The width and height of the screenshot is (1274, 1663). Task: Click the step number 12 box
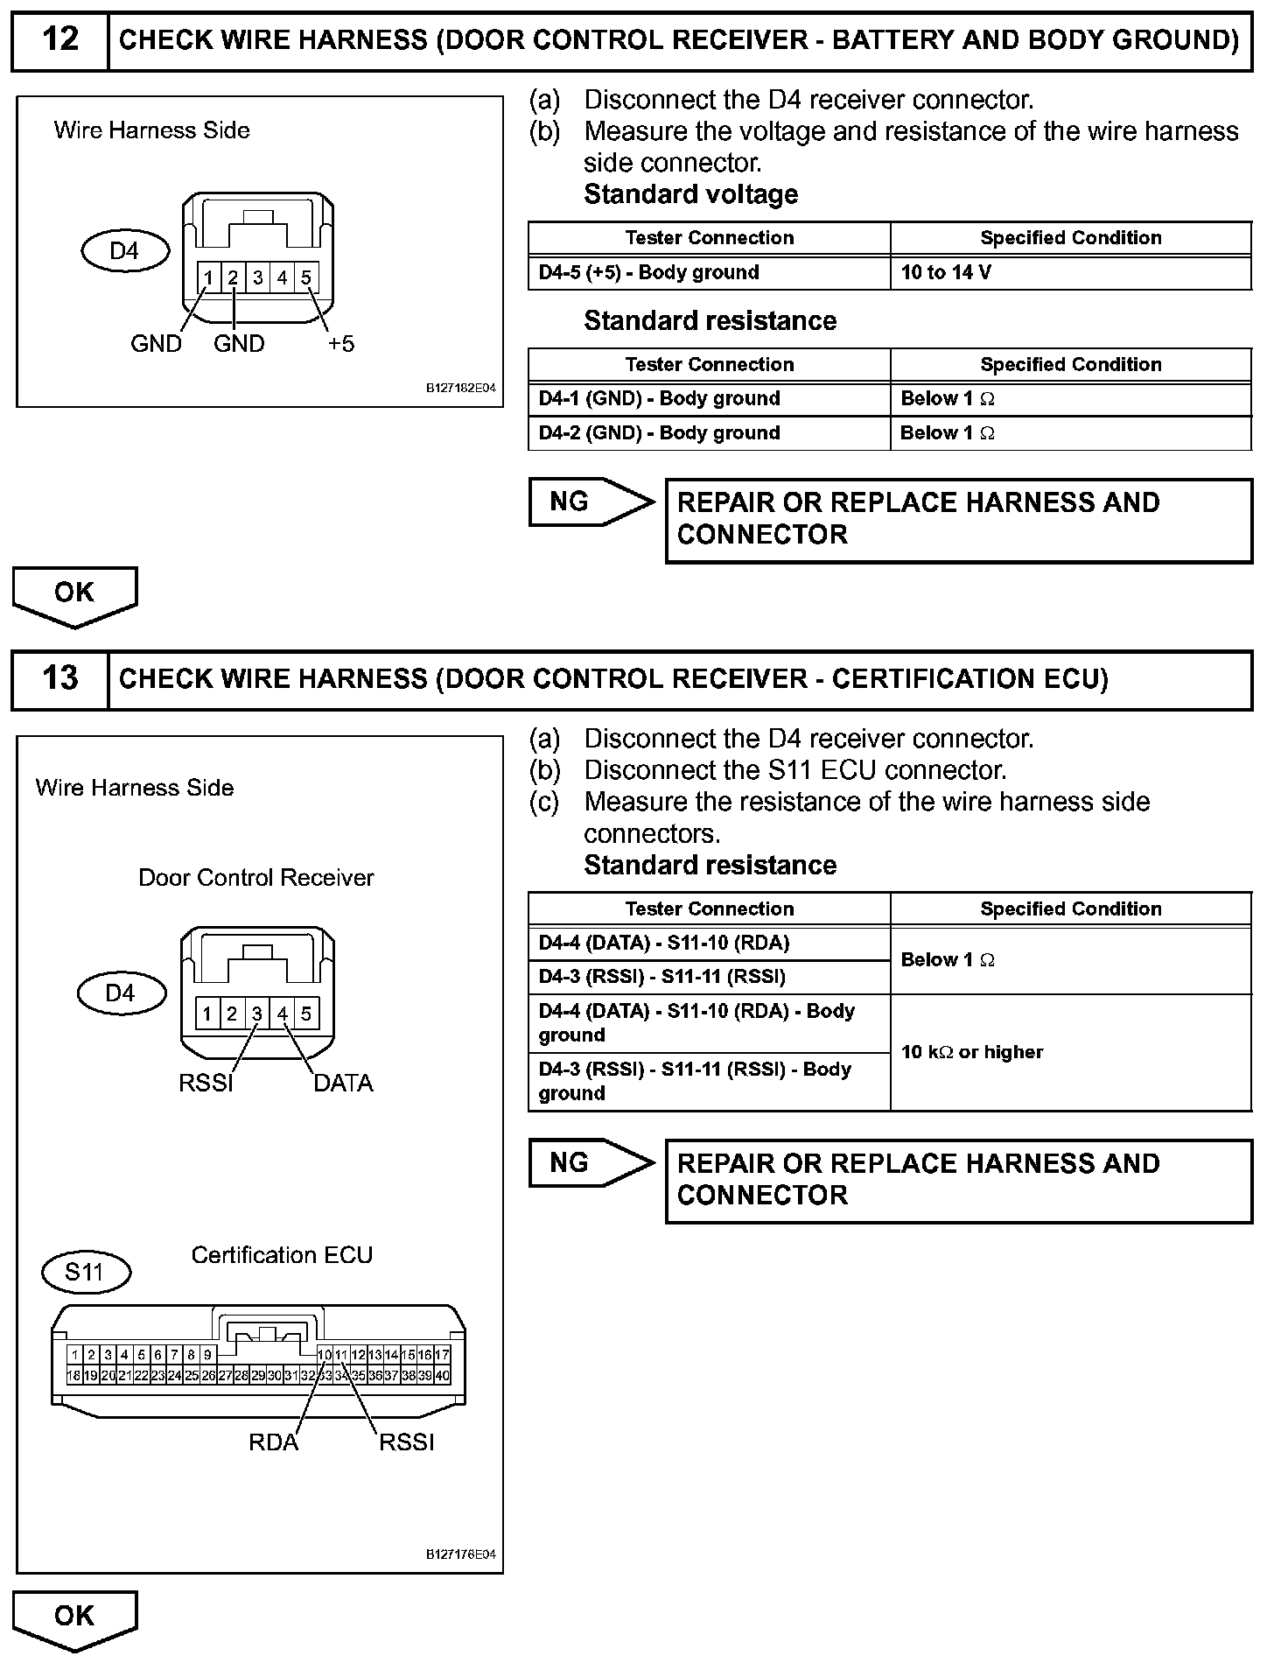coord(59,40)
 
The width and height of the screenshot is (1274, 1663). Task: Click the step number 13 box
coord(59,679)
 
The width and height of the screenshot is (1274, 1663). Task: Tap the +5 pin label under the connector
coord(341,344)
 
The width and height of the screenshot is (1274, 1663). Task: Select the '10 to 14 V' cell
coord(1070,272)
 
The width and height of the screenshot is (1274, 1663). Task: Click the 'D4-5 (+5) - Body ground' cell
coord(709,272)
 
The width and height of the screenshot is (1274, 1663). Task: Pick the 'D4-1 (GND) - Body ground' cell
coord(709,398)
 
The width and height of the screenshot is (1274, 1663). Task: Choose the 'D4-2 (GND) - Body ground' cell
coord(709,432)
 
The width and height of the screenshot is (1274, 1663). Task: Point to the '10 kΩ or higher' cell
coord(1070,1052)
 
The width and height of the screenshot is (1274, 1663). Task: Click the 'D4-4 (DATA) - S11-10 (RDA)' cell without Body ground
coord(709,943)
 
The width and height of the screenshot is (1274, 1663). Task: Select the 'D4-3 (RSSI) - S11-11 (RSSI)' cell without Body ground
coord(709,977)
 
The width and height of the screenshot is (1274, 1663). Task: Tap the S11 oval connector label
coord(85,1272)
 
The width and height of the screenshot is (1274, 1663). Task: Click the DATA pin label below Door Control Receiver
coord(343,1084)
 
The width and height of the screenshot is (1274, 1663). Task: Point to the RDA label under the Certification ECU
coord(273,1442)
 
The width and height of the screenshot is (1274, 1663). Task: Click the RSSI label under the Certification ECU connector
coord(406,1442)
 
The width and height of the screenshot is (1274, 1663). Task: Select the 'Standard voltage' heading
coord(690,194)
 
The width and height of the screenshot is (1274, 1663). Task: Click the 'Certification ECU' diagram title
coord(282,1255)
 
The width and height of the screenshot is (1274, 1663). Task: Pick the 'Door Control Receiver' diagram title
coord(255,878)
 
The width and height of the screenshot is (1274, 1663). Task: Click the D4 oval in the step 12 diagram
coord(123,251)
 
